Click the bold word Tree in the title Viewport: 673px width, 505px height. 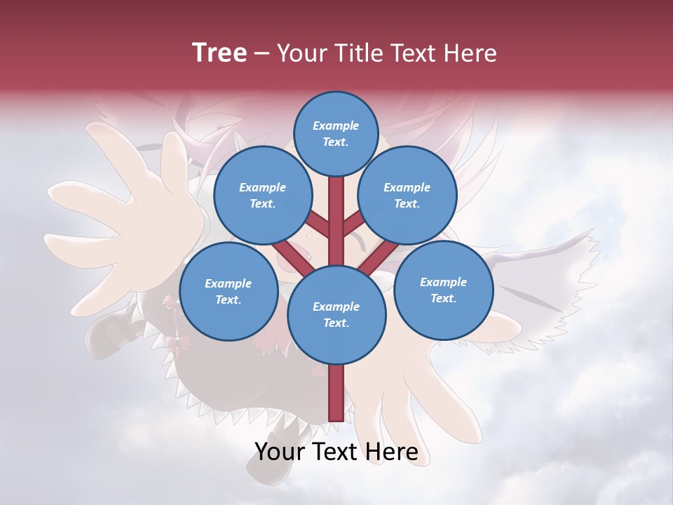pos(219,53)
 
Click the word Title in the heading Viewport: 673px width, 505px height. pos(358,53)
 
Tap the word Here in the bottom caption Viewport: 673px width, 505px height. pos(389,452)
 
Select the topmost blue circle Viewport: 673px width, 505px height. pos(336,134)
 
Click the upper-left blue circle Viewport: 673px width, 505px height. pos(262,196)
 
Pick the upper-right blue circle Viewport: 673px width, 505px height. pos(407,196)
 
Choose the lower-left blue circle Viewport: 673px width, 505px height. pos(229,292)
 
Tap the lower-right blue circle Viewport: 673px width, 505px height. pos(443,290)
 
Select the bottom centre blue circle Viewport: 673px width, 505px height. pos(336,314)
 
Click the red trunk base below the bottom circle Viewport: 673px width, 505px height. pos(336,393)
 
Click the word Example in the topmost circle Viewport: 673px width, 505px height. pos(336,126)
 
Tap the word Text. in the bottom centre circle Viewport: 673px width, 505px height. pos(336,323)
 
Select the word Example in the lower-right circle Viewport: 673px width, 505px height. pos(443,282)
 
